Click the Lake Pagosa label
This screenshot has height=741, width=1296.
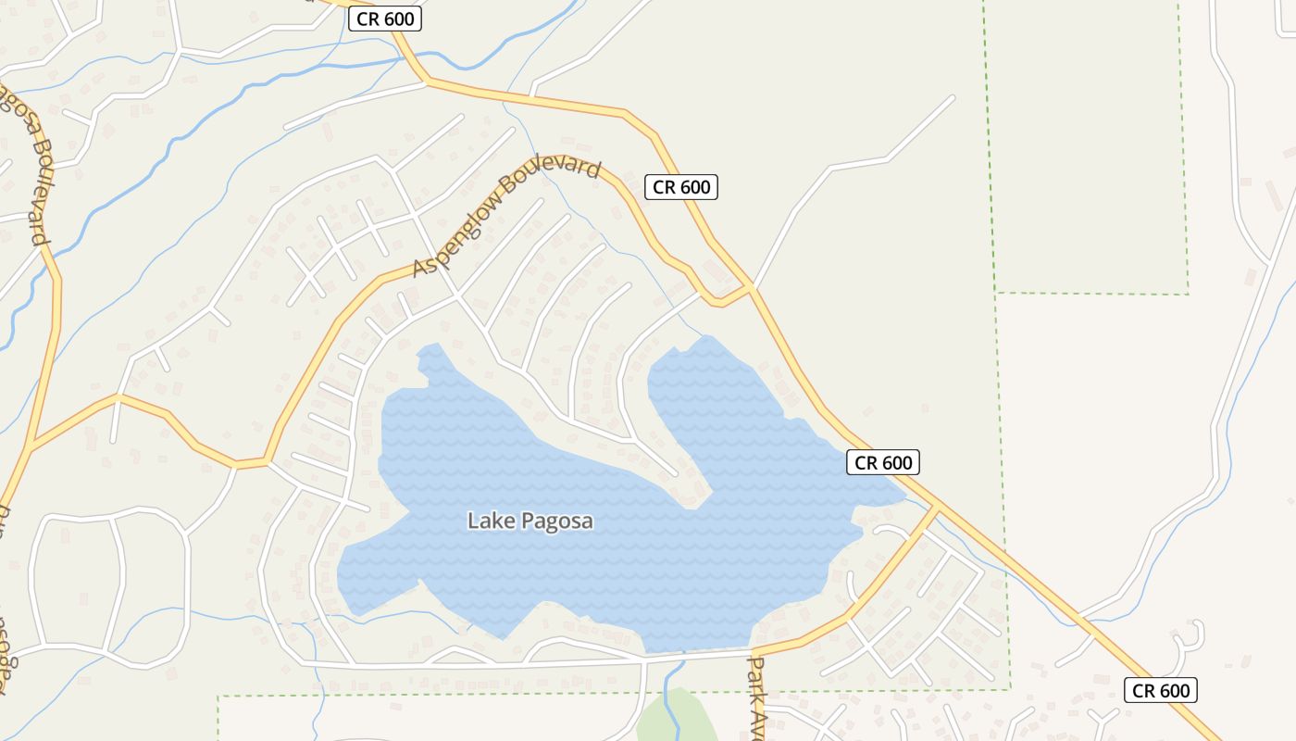pyautogui.click(x=530, y=521)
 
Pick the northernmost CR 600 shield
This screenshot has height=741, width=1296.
pyautogui.click(x=385, y=19)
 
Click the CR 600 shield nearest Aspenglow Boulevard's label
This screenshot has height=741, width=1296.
pyautogui.click(x=681, y=187)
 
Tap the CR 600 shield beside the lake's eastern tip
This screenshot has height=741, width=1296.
pyautogui.click(x=883, y=462)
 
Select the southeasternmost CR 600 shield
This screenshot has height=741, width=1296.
pyautogui.click(x=1161, y=690)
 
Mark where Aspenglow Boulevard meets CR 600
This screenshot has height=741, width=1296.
pyautogui.click(x=751, y=289)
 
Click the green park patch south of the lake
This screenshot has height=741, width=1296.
pyautogui.click(x=676, y=718)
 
